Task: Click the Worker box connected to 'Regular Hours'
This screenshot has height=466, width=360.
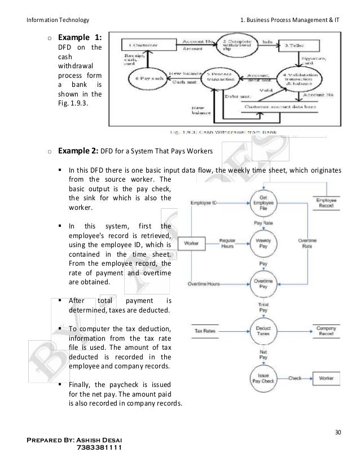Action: (192, 244)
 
